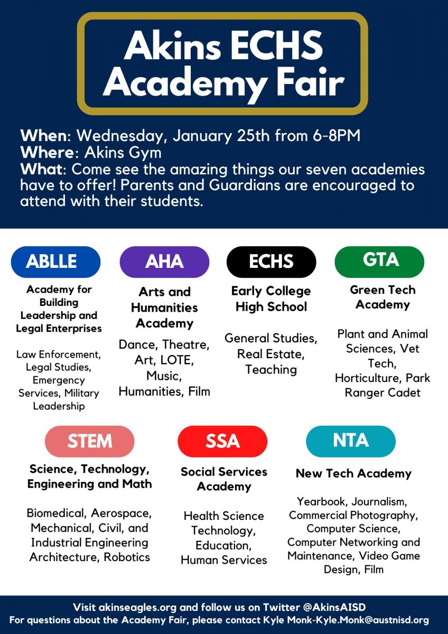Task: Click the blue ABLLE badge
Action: click(x=55, y=262)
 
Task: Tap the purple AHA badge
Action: click(x=164, y=262)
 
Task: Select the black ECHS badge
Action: click(x=271, y=262)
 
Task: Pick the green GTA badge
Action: click(x=379, y=261)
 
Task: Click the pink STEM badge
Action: click(x=89, y=441)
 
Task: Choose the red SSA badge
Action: click(x=222, y=441)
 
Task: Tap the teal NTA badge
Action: click(x=350, y=441)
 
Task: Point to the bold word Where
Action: click(x=46, y=153)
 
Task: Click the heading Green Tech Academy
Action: click(x=382, y=297)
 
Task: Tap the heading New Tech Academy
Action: click(x=353, y=473)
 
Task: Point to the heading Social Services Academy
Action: click(x=224, y=479)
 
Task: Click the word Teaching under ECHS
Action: click(x=271, y=369)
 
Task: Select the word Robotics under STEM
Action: click(x=127, y=557)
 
